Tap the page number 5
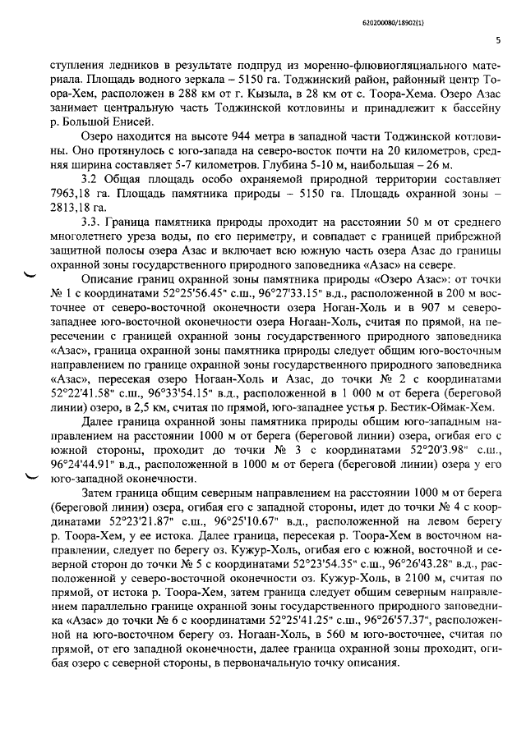(x=499, y=39)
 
